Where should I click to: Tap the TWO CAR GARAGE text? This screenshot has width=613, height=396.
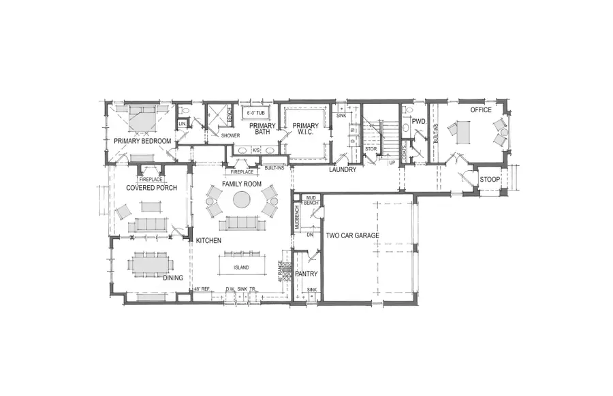click(x=352, y=235)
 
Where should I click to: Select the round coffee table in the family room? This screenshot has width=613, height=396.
click(x=242, y=199)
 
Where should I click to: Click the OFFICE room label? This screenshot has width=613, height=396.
click(x=482, y=110)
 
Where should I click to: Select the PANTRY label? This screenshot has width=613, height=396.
click(x=306, y=274)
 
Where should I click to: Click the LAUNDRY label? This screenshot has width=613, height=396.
click(x=343, y=169)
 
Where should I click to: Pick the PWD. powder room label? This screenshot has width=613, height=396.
click(x=418, y=121)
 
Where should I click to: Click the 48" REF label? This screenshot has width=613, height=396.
click(x=202, y=288)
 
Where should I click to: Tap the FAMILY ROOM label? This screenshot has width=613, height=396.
click(x=241, y=184)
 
